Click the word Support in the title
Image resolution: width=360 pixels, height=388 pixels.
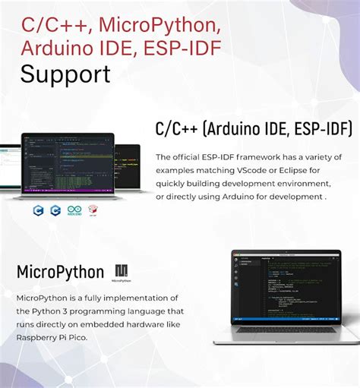[65, 74]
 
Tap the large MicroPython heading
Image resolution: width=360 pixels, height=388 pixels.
[60, 272]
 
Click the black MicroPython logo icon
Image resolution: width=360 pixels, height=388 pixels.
[122, 271]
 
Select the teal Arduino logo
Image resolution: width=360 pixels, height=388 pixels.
[74, 210]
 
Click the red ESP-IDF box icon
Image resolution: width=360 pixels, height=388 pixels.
[93, 210]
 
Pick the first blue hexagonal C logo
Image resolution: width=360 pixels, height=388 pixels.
[38, 210]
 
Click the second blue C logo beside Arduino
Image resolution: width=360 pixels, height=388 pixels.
[55, 210]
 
